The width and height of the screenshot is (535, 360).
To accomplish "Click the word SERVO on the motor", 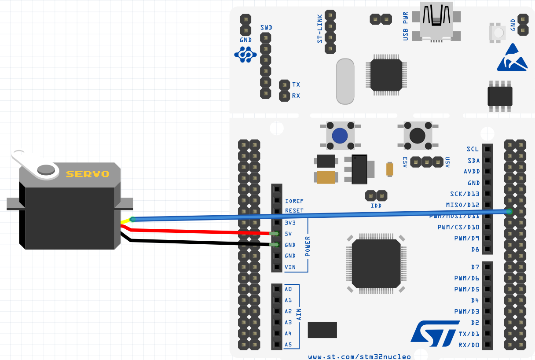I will coord(88,174).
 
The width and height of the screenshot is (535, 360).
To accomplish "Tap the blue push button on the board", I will coord(340,136).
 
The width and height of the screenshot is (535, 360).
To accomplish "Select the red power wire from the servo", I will coord(198,231).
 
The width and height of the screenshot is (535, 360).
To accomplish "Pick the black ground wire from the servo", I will coord(198,242).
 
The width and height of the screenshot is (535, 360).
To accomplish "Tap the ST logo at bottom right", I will coord(433,334).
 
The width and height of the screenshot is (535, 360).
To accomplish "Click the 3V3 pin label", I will coord(291,222).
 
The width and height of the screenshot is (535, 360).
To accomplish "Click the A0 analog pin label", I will coord(288,289).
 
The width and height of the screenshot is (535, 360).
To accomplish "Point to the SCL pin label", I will coord(473,149).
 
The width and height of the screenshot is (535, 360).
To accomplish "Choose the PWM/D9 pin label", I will coord(466,238).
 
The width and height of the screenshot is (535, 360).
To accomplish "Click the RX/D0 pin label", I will coord(468,345).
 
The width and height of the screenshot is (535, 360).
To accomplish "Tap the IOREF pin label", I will coord(294,200).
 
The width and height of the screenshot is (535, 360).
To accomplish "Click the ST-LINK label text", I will coord(320,28).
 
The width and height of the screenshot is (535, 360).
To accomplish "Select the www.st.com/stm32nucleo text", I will coord(359,356).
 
